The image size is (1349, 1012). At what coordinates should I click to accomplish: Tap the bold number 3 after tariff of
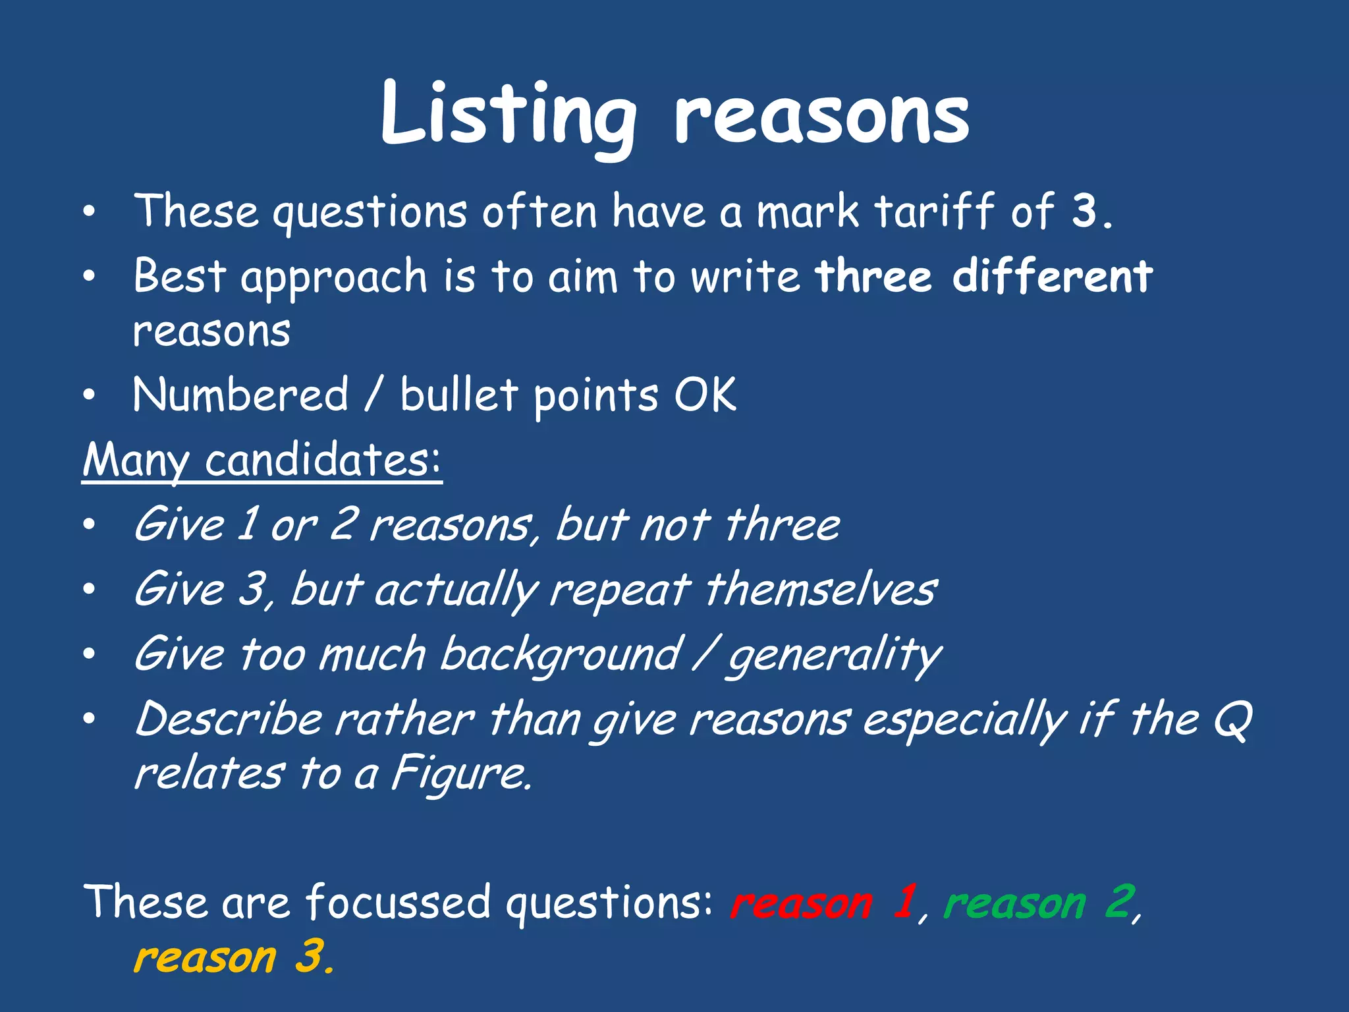pos(1084,211)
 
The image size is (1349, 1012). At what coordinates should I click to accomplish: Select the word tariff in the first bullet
pos(934,211)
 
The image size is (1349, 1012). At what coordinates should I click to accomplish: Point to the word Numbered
pos(240,395)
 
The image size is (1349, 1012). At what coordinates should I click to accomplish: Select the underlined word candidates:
pos(322,459)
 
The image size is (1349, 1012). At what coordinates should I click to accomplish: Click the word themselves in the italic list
pos(821,588)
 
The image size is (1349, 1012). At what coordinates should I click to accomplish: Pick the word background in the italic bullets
pos(560,654)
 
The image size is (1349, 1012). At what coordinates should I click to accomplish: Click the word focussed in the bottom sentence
pos(399,902)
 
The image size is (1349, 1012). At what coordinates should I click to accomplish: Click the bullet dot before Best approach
pos(90,276)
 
